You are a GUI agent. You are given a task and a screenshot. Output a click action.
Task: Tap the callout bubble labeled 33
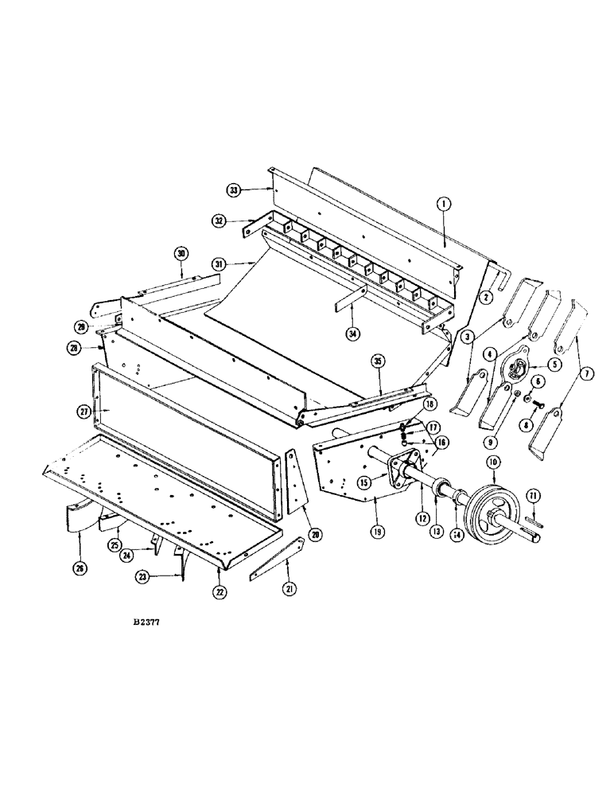(x=233, y=190)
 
